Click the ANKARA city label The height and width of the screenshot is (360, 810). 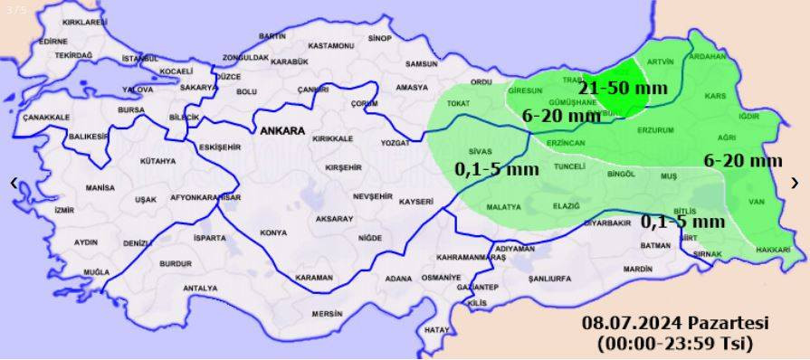281,131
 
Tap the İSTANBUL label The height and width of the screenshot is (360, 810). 140,59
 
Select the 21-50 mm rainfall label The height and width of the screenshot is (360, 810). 623,88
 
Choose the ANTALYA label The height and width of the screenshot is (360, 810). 200,289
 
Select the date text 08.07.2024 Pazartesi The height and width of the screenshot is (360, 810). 675,323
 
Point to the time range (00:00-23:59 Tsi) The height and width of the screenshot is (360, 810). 675,343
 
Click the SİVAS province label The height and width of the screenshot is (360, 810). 481,151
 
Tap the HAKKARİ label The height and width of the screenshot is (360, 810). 772,249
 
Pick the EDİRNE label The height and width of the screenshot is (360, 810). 53,41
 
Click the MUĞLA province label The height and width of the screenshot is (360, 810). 96,271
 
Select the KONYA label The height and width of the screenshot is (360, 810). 272,232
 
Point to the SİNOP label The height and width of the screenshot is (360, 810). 380,38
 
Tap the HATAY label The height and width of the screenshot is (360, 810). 437,328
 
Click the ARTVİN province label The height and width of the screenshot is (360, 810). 661,62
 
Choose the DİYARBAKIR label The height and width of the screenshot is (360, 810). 605,222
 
